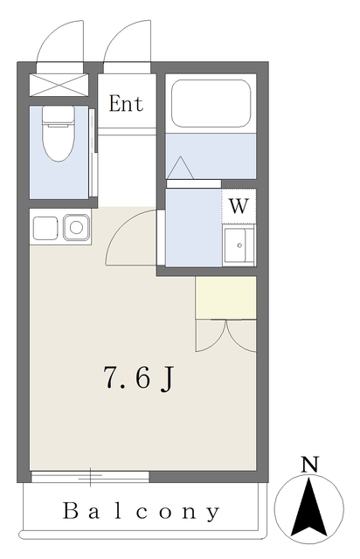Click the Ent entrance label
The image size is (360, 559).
pos(126,104)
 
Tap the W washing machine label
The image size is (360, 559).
pos(239,206)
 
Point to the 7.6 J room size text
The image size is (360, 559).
pos(138,378)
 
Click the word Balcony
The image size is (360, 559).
pos(142,512)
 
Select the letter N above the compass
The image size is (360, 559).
pos(309,465)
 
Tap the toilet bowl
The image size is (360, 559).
pos(59,141)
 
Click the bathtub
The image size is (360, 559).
pos(211,103)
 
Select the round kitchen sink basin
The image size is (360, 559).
pos(76,227)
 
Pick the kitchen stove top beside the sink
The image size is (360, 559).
pos(45,228)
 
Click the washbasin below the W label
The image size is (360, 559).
pos(239,245)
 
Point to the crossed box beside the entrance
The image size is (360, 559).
pos(59,85)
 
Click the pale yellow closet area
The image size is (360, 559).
pos(225,298)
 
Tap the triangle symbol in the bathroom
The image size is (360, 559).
pos(180,168)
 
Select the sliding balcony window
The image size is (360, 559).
pos(90,477)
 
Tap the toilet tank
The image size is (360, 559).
pos(59,114)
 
